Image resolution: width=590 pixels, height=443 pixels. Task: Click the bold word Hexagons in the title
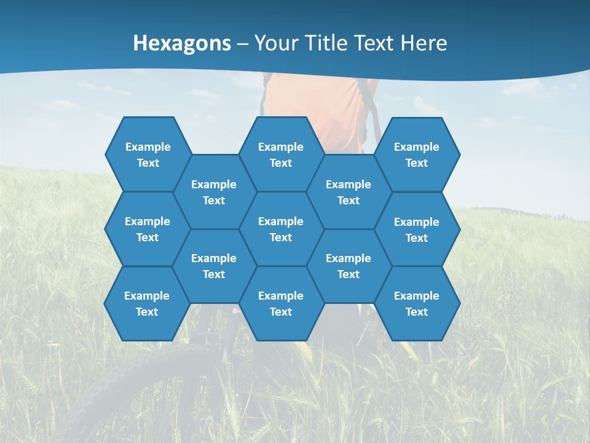tap(182, 43)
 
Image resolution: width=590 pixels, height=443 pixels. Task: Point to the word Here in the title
tap(423, 43)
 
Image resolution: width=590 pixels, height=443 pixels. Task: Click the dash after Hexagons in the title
tap(242, 44)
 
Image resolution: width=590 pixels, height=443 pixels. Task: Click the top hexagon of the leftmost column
tap(147, 154)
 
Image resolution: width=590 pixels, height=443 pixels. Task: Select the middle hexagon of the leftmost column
tap(147, 229)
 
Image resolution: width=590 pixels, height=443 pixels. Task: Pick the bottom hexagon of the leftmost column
tap(147, 303)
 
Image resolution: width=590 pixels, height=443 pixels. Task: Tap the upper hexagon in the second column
tap(214, 192)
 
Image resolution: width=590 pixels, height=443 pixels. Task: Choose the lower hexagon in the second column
tap(214, 266)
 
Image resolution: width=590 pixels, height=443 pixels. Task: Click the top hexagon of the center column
tap(281, 154)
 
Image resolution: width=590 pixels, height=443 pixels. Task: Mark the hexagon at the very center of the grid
tap(281, 229)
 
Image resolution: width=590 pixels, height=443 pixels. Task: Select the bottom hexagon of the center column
tap(281, 303)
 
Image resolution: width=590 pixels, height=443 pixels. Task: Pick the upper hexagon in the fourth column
tap(348, 192)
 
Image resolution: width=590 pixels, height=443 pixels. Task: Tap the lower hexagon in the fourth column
tap(348, 266)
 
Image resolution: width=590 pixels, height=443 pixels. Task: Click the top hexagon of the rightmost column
tap(417, 154)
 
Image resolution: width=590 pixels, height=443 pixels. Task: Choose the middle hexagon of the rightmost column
tap(417, 229)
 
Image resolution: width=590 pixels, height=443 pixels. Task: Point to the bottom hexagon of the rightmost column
tap(417, 303)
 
